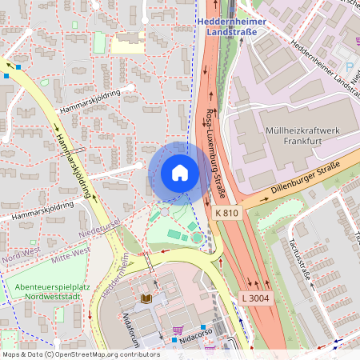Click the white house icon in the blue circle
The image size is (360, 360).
180,173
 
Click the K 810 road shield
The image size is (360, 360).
227,213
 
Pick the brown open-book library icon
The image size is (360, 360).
146,298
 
